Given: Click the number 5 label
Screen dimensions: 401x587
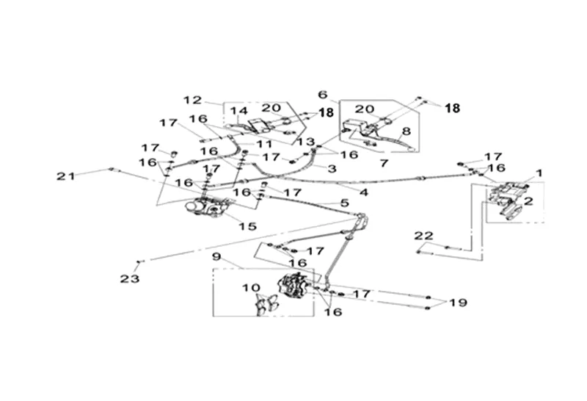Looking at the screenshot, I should pos(343,202).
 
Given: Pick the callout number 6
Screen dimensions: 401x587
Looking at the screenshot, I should pos(322,95).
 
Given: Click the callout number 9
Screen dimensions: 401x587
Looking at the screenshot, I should pos(216,257).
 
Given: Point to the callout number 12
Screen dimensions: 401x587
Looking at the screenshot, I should pos(192,99).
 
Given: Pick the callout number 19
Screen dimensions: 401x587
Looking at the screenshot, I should pos(458,303).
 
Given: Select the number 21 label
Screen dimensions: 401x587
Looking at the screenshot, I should pos(67,176).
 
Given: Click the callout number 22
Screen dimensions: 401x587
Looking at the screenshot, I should pos(423,236).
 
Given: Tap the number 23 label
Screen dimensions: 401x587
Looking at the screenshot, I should pos(129,278).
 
